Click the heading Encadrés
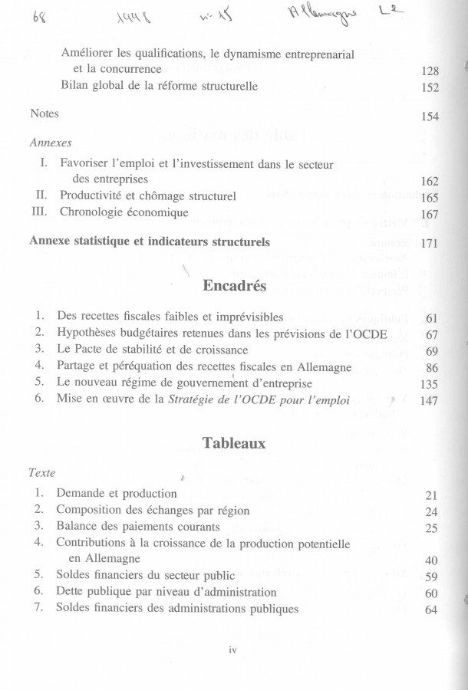point(234,286)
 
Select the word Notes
point(44,113)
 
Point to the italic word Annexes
point(51,143)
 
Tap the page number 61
point(431,317)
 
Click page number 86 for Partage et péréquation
point(431,367)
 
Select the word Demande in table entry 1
point(80,494)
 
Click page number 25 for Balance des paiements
point(431,528)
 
